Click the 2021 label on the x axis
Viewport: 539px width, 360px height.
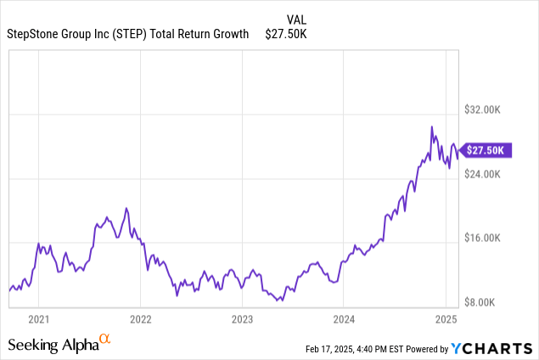click(x=38, y=319)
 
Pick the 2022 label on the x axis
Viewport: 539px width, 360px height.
click(x=140, y=319)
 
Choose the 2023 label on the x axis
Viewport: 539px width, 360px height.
click(x=243, y=319)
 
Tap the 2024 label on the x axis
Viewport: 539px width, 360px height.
click(x=345, y=319)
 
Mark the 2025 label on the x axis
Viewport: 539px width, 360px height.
click(x=447, y=319)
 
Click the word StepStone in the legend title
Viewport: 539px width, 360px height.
click(x=33, y=34)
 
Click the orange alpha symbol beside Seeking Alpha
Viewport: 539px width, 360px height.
click(x=105, y=340)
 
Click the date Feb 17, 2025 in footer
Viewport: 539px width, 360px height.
click(x=330, y=348)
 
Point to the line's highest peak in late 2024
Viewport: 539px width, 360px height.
click(x=432, y=127)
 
